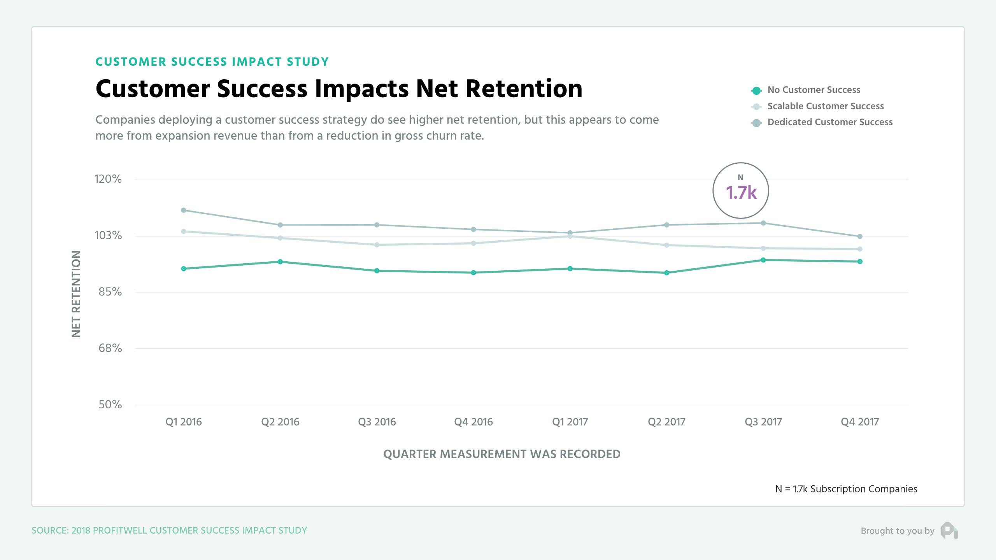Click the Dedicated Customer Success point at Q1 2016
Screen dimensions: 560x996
coord(184,210)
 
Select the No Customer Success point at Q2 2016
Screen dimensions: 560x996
coord(280,262)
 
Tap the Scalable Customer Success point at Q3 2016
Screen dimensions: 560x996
coord(377,245)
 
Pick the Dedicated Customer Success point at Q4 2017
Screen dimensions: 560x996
coord(860,236)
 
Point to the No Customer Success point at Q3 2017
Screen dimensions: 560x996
coord(763,260)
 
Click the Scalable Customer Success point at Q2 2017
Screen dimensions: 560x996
coord(666,245)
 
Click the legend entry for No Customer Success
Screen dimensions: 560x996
coord(814,90)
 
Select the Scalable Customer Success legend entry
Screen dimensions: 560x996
coord(825,106)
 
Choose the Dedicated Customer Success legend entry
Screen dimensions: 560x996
coord(829,122)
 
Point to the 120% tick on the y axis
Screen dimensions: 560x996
coord(108,179)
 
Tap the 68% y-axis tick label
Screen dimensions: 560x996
coord(110,348)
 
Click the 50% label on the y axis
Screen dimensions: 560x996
coord(110,405)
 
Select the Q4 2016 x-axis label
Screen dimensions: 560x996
coord(473,422)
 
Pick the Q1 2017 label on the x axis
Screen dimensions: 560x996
coord(570,422)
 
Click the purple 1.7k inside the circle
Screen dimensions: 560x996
coord(741,192)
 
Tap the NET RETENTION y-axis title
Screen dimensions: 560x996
coord(76,294)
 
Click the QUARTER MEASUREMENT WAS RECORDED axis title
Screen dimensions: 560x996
coord(502,454)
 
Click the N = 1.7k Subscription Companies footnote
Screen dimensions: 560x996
coord(846,489)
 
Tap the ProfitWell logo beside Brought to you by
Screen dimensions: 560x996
coord(949,531)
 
